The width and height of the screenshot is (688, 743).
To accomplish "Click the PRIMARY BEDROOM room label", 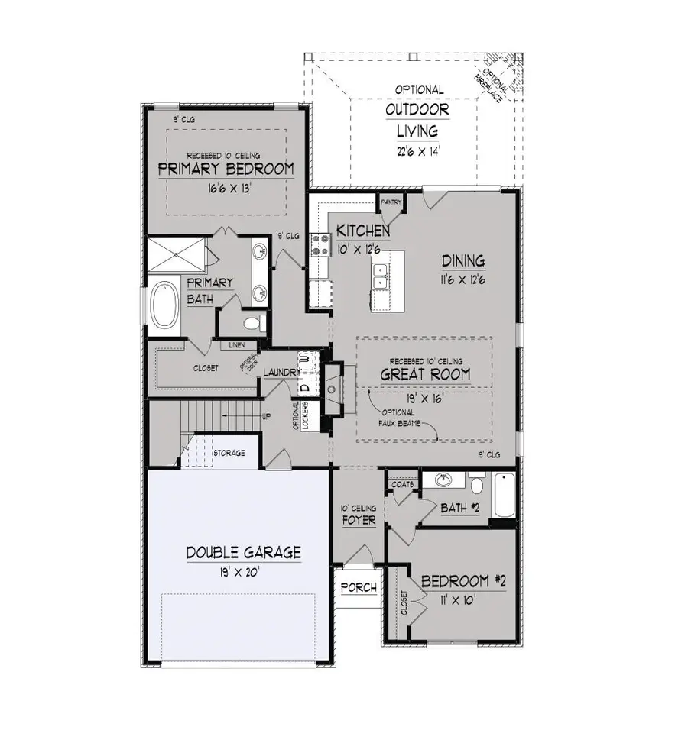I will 226,169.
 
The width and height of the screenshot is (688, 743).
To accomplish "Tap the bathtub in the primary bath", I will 164,306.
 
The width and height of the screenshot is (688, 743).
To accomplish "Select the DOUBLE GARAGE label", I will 244,552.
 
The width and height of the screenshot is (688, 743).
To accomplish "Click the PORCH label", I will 359,587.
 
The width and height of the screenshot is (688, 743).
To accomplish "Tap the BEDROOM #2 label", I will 464,582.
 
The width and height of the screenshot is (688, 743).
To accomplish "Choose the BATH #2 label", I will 459,508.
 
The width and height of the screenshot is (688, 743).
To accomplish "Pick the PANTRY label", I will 391,202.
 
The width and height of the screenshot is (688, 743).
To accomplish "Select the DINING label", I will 463,261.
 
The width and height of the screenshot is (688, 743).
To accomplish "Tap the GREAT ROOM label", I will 426,375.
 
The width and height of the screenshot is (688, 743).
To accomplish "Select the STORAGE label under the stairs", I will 229,453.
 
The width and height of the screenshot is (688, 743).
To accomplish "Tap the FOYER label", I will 359,521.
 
